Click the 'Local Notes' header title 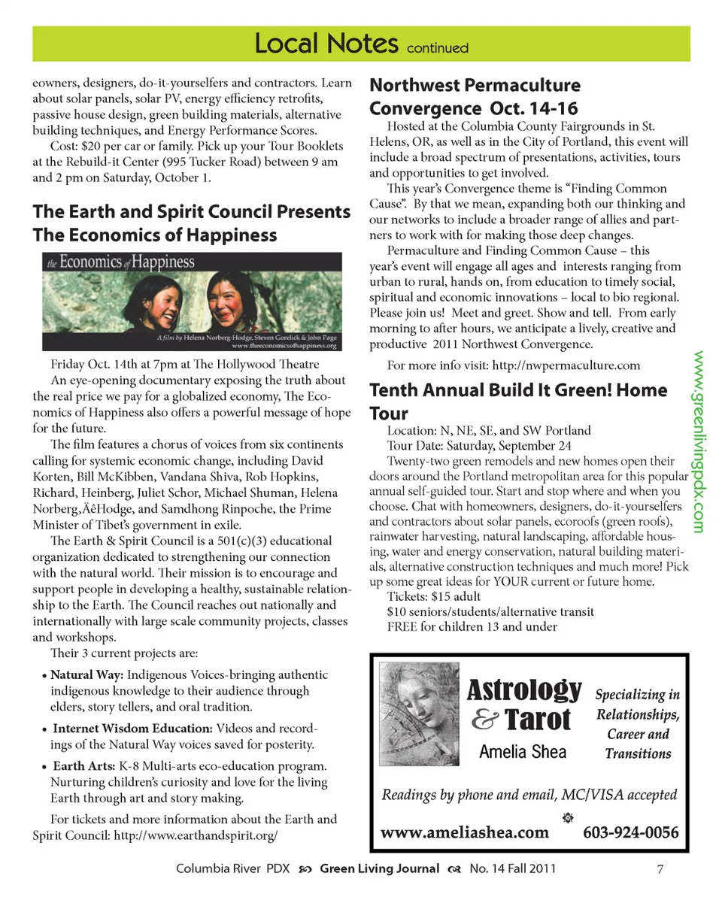(x=326, y=44)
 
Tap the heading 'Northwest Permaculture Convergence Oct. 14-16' (x=475, y=95)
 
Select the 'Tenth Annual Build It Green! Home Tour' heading (x=518, y=402)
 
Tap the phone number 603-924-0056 (x=630, y=832)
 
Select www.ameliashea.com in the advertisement (x=465, y=832)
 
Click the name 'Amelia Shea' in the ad (x=523, y=751)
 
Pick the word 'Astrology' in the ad (x=524, y=689)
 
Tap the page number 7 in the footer (x=660, y=869)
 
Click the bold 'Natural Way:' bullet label (x=82, y=674)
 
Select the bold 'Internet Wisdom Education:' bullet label (x=132, y=729)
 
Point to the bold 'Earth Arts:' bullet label (x=83, y=766)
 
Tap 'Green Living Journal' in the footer (x=380, y=868)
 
